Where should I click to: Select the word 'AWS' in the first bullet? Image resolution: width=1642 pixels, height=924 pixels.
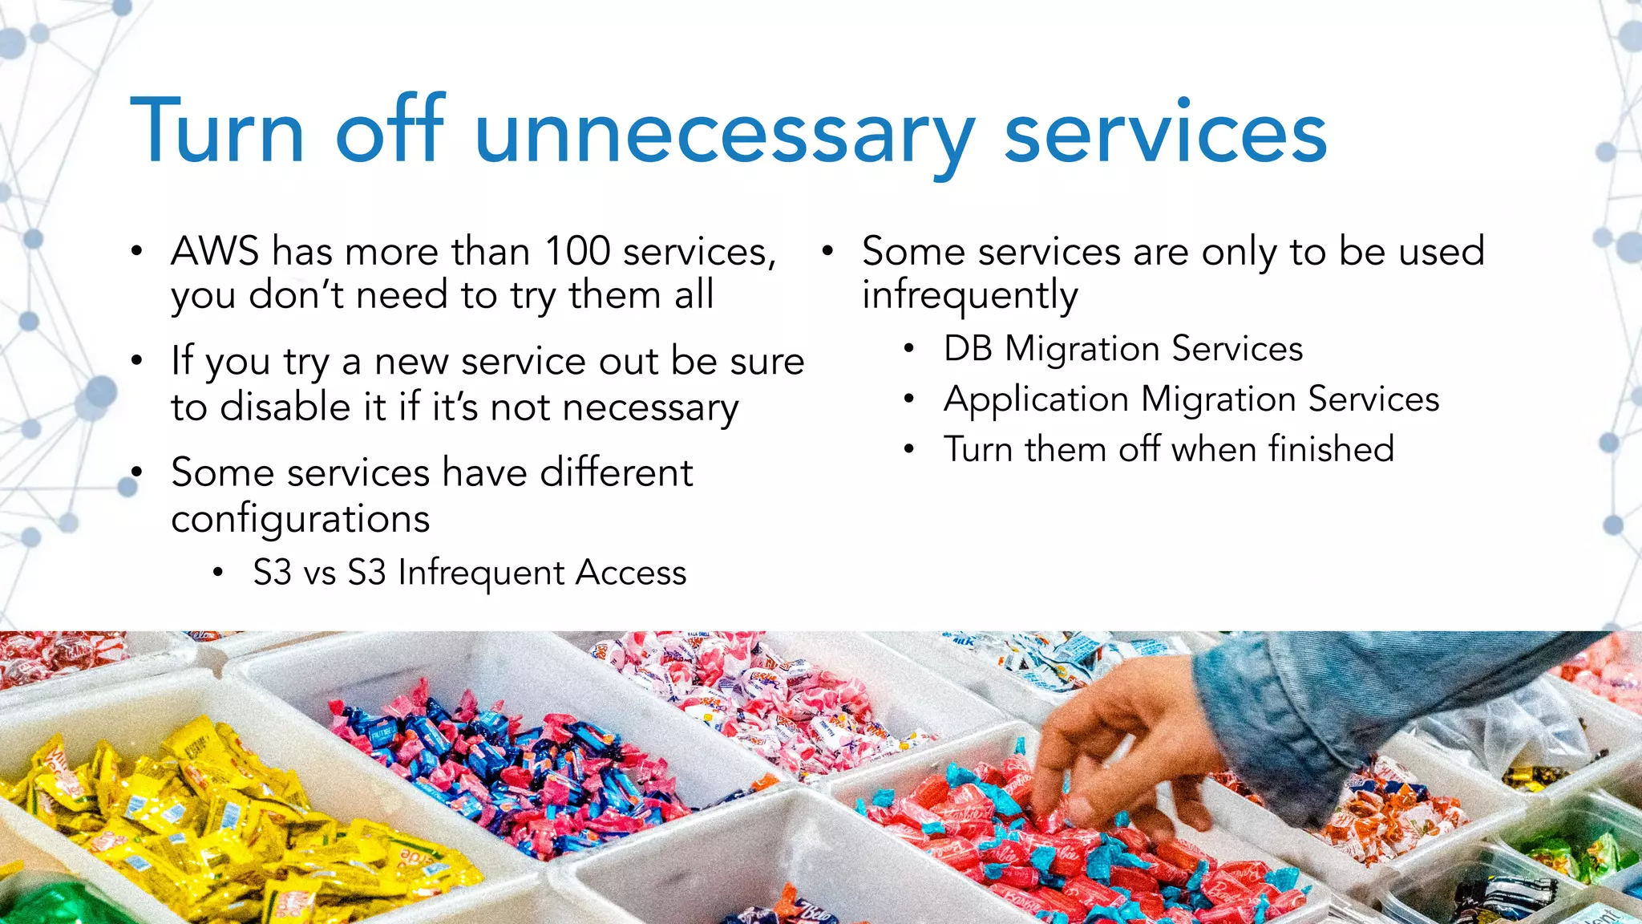click(x=215, y=252)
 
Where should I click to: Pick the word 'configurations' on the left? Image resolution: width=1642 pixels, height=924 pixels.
click(x=301, y=519)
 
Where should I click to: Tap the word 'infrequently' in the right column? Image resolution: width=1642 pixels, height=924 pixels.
click(x=970, y=296)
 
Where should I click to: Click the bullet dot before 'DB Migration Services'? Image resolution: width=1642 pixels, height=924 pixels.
click(x=908, y=349)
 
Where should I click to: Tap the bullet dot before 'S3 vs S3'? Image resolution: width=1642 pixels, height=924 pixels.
click(x=217, y=573)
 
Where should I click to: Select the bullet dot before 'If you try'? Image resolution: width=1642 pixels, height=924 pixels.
click(x=137, y=362)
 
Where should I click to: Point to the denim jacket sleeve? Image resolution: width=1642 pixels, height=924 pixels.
click(x=1363, y=706)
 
